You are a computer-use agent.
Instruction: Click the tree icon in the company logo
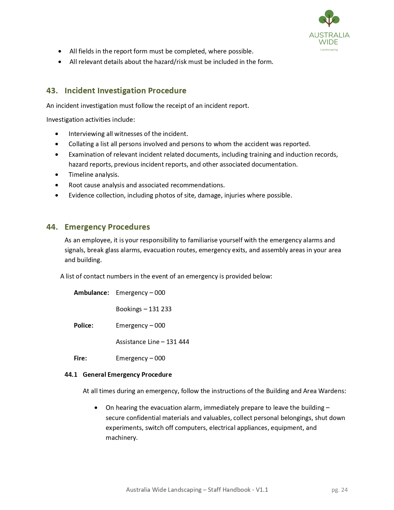(329, 18)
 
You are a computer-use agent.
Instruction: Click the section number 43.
(52, 91)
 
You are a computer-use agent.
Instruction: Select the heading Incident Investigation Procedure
(125, 91)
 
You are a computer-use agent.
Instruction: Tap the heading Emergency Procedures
(107, 227)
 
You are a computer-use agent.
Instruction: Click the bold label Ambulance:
(91, 293)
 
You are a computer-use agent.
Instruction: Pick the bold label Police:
(83, 325)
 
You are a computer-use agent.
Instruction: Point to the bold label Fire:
(80, 358)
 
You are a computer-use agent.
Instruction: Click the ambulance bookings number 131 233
(160, 309)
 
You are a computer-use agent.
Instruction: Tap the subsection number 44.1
(71, 375)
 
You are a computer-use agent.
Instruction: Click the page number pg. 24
(339, 490)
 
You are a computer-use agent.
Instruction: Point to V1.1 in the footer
(262, 490)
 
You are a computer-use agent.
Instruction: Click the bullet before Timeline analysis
(57, 175)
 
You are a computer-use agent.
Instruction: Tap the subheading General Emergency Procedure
(127, 375)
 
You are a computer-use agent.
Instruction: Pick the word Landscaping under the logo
(329, 50)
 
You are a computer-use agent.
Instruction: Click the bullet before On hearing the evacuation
(96, 408)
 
